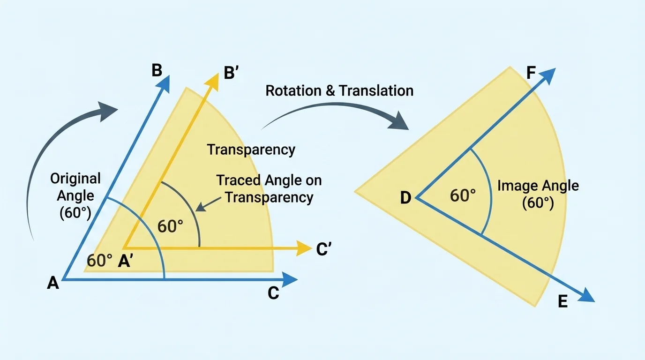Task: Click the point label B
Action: [157, 70]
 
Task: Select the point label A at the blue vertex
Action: [53, 283]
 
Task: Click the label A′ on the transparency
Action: [126, 261]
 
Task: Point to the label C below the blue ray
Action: [273, 293]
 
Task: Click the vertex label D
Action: [405, 198]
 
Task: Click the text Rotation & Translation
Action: [339, 90]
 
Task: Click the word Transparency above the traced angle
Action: [251, 150]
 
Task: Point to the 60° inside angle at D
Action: [463, 195]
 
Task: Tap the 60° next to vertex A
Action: [99, 261]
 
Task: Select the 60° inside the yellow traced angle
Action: [170, 226]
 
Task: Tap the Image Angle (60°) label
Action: [538, 194]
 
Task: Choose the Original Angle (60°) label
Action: [75, 195]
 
